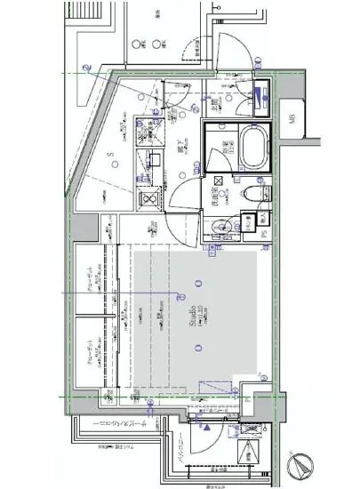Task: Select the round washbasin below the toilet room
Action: point(227,226)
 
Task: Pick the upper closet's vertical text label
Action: point(91,283)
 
